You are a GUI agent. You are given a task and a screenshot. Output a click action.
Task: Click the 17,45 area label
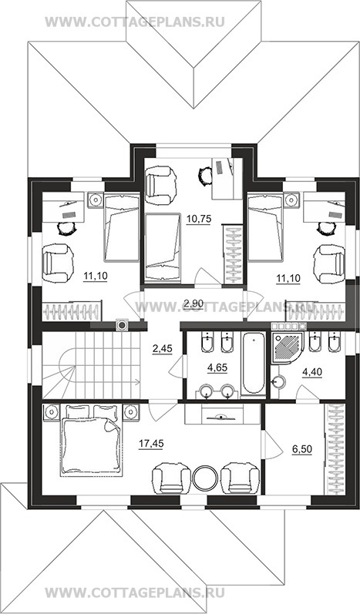pyautogui.click(x=151, y=443)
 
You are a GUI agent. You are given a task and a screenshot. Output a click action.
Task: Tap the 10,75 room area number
pyautogui.click(x=199, y=219)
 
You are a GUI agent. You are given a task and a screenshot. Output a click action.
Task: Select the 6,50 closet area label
pyautogui.click(x=302, y=449)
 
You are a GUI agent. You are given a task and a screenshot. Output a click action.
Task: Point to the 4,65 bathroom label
pyautogui.click(x=217, y=367)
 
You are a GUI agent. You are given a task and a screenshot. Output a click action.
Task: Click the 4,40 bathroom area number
pyautogui.click(x=311, y=371)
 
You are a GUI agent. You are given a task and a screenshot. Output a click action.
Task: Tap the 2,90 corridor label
pyautogui.click(x=193, y=302)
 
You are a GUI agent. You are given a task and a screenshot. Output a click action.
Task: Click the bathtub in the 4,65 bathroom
pyautogui.click(x=253, y=363)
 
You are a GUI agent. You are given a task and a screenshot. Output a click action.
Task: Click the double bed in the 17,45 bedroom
pyautogui.click(x=91, y=441)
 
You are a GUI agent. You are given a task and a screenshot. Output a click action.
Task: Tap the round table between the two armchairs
pyautogui.click(x=205, y=478)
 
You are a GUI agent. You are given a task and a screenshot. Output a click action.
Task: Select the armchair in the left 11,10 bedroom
pyautogui.click(x=58, y=263)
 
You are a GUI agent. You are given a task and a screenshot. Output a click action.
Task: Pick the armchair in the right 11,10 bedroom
pyautogui.click(x=330, y=264)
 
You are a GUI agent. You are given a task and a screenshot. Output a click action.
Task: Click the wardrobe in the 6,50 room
pyautogui.click(x=334, y=448)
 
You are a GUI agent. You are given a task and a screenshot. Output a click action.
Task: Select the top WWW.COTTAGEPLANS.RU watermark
pyautogui.click(x=135, y=22)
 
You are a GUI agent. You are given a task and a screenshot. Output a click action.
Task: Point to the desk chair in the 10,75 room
pyautogui.click(x=205, y=174)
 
